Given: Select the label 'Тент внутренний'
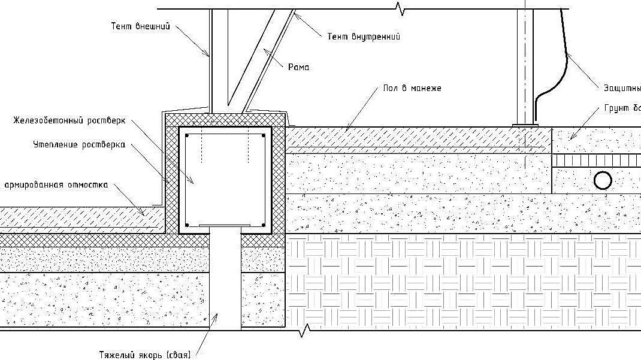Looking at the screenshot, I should point(364,37).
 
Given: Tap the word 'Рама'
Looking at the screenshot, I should point(298,68).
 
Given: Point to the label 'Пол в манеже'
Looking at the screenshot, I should point(413,88).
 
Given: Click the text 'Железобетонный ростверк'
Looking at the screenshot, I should point(69,120).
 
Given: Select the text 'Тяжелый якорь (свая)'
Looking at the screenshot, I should point(146,355).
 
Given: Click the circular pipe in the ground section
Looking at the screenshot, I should point(602,180).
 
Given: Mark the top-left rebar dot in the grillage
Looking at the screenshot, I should point(188,137).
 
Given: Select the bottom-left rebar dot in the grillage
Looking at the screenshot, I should point(188,225).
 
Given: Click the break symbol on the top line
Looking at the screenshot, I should point(398,8).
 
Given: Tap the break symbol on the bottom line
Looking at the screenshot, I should point(307,329).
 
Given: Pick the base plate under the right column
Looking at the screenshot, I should point(525,125).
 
